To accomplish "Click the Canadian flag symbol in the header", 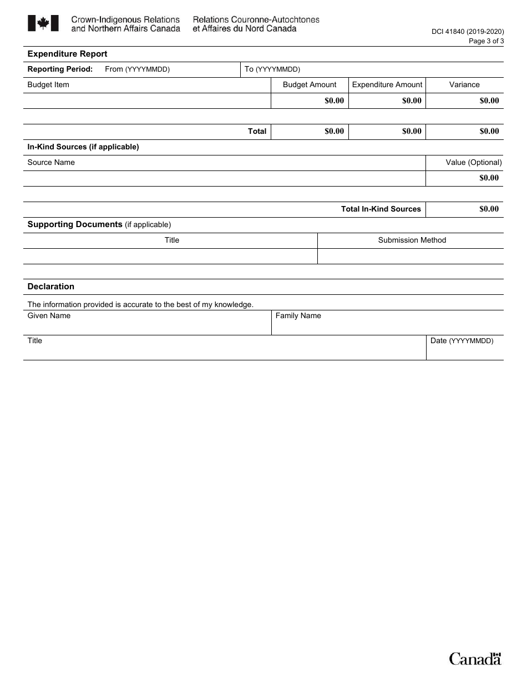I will (43, 23).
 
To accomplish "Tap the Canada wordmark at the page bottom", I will (475, 659).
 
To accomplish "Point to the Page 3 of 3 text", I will (486, 41).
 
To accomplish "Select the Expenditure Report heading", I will (67, 54).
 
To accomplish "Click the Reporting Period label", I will (60, 69).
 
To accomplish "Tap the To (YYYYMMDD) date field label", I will (272, 69).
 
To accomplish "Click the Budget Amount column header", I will (310, 85).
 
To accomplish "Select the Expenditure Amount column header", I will (387, 85).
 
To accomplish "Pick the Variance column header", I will (464, 85).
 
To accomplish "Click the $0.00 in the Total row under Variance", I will (489, 132).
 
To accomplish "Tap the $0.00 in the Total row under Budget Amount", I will (334, 132).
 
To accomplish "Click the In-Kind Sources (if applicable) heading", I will (83, 147).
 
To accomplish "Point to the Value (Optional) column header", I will (473, 163).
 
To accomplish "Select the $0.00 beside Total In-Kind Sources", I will (489, 209).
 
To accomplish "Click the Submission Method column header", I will (412, 240).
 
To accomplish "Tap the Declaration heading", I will (50, 287).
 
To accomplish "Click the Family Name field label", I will (298, 316).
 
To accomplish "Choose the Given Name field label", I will (49, 316).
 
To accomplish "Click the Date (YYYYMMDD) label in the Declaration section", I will (462, 341).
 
